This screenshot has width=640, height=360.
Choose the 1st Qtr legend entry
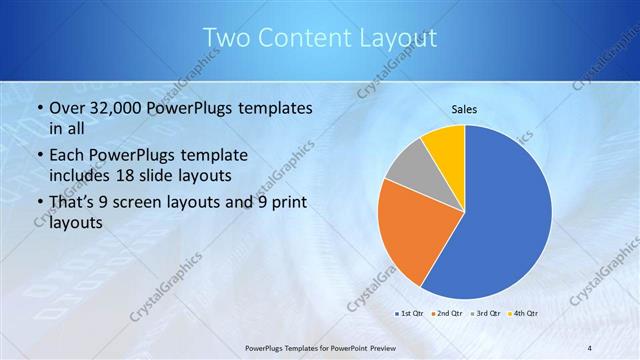(x=412, y=313)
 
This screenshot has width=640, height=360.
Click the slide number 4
(x=590, y=346)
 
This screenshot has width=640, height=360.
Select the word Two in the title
(x=226, y=38)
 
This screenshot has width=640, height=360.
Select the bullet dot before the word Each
(x=38, y=156)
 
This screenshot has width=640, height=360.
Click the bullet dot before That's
(x=38, y=203)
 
